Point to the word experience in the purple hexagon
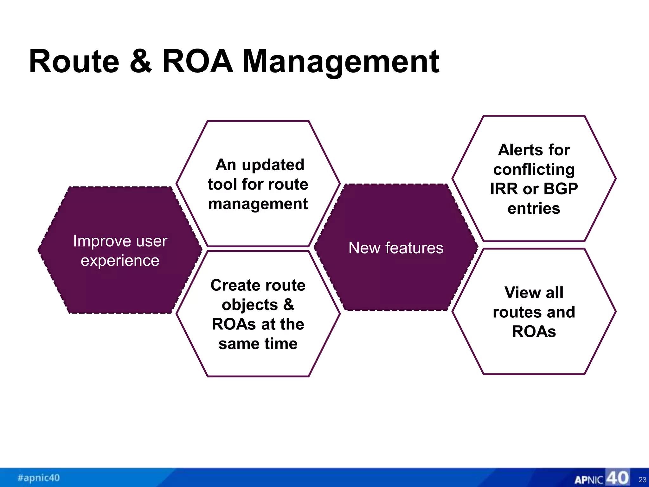pos(120,261)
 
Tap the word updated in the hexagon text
pos(273,165)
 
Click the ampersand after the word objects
pos(288,305)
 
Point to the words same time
pos(258,344)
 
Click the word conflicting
pos(534,170)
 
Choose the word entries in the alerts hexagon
pos(534,209)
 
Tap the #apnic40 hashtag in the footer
pos(39,477)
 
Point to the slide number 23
pos(642,480)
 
